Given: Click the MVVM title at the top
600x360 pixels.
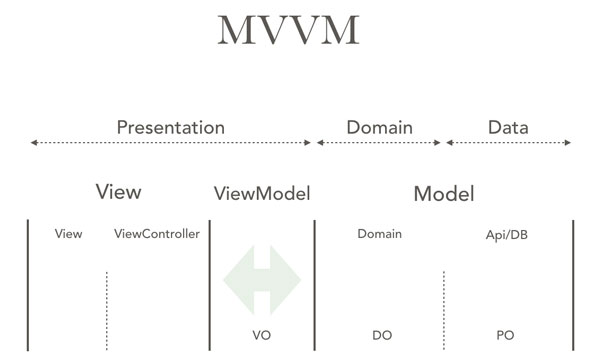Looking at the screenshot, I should point(287,31).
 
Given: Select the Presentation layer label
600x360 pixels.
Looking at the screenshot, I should point(170,127).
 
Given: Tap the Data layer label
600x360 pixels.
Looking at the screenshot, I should point(508,127).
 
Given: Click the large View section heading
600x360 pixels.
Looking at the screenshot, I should point(118,192).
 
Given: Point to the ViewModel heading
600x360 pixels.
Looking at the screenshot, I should point(262,193).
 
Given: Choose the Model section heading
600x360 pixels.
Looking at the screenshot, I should point(443,193).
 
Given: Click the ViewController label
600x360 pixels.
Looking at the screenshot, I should point(157,234).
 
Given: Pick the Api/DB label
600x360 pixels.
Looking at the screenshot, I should point(505,234).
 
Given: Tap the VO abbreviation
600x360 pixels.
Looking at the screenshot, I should point(262,335).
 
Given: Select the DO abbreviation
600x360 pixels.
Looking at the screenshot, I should point(381,335).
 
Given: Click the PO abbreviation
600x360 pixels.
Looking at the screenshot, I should point(505,335).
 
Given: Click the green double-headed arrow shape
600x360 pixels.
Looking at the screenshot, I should point(262,279).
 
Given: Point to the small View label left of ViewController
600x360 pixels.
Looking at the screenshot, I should point(69,234).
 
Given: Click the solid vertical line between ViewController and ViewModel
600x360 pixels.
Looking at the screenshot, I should point(210,285).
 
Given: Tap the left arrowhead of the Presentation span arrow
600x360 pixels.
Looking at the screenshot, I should point(34,143).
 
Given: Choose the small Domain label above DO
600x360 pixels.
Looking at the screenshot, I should point(379,234).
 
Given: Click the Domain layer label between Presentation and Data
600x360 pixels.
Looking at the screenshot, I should point(379,127).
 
